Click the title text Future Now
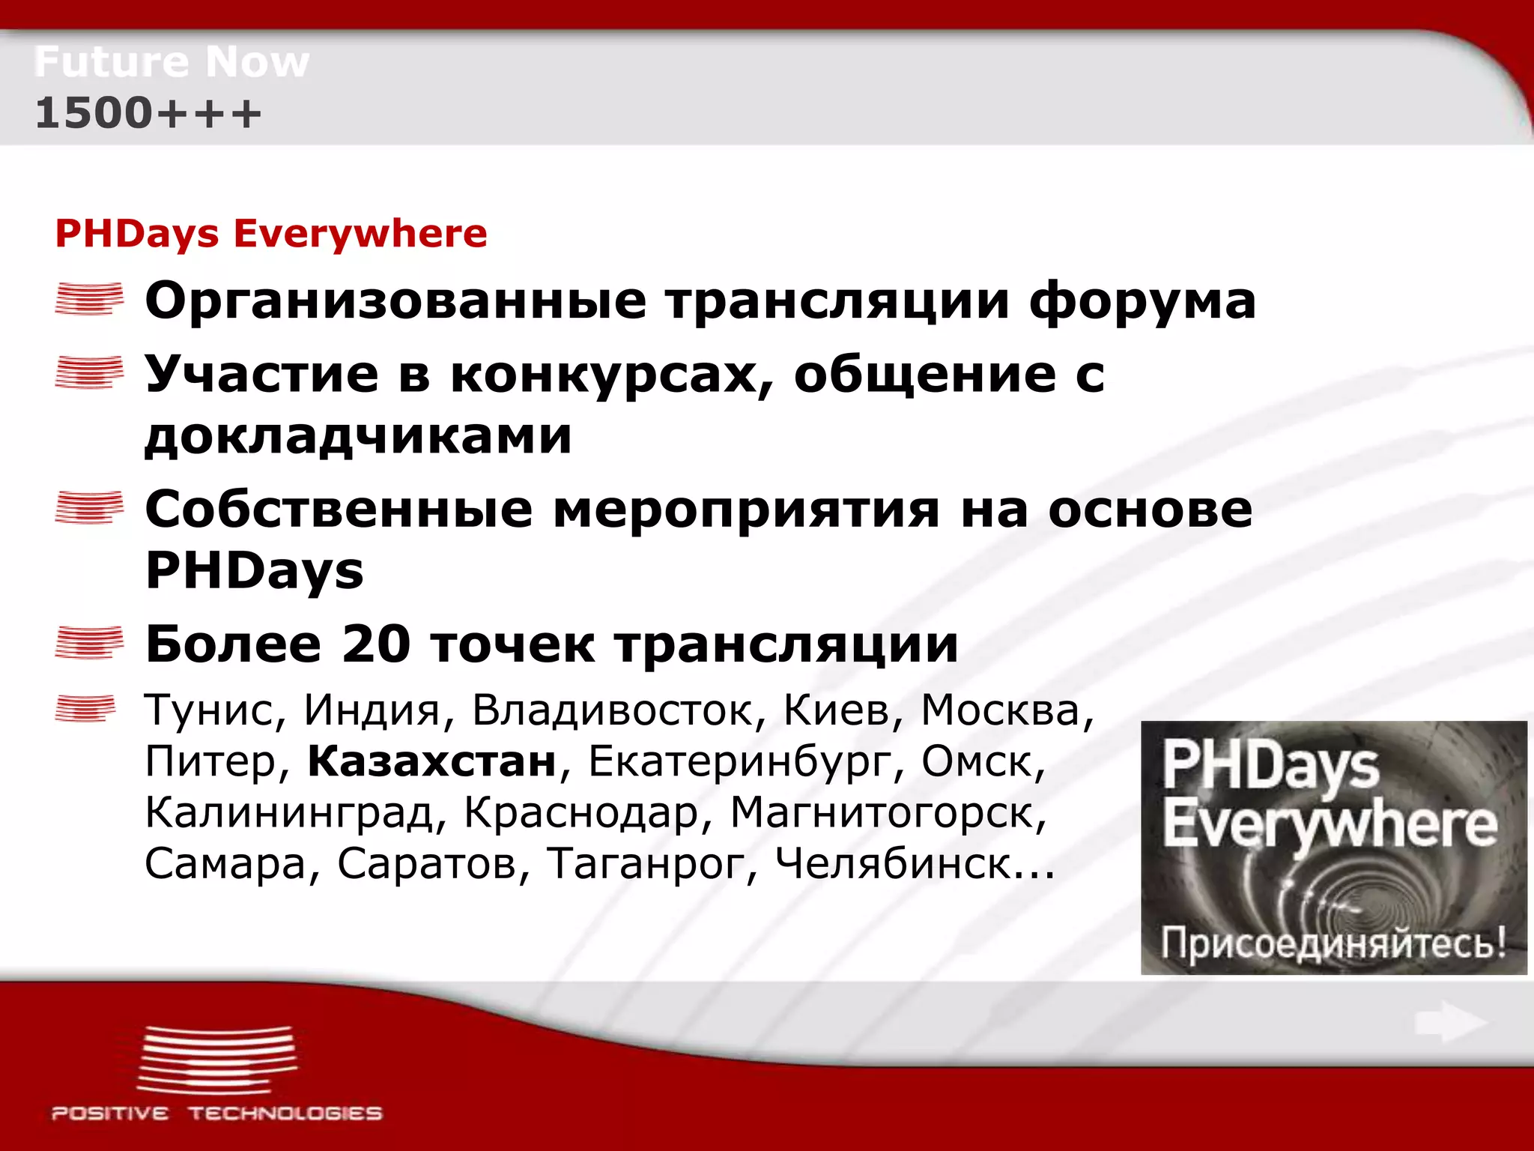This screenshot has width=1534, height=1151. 172,61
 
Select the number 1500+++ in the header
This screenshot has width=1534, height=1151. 148,113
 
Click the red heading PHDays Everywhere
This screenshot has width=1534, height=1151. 271,233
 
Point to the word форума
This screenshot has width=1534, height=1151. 1142,301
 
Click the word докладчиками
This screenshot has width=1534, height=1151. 358,436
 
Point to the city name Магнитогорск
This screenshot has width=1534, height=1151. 888,813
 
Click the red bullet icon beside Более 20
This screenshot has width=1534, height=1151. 89,643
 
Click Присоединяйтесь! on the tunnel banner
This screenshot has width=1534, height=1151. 1333,943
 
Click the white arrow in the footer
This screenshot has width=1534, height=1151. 1450,1022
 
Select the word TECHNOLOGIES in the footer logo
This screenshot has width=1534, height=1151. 285,1114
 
